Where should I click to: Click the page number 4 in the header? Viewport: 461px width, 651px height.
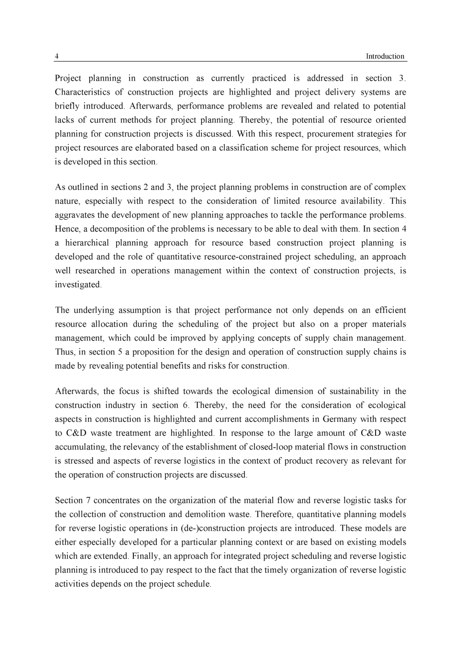click(x=57, y=57)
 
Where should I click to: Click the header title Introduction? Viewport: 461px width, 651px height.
click(x=385, y=57)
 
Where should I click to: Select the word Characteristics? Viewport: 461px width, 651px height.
click(x=82, y=92)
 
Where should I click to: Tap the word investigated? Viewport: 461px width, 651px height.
click(x=78, y=285)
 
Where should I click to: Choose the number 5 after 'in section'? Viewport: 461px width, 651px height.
click(x=120, y=352)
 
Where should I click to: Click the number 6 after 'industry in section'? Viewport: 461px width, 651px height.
click(x=185, y=406)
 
